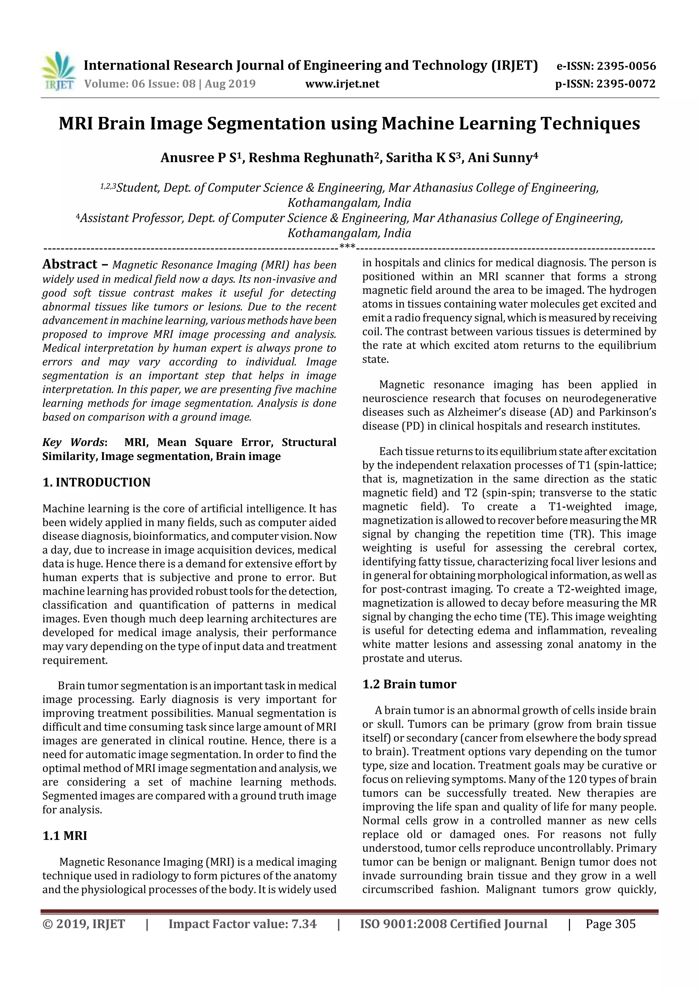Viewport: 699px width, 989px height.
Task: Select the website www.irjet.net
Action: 342,84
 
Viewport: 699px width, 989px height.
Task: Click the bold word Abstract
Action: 70,264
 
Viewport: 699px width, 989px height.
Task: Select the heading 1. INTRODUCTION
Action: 97,482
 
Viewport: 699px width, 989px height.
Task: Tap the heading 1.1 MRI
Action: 65,836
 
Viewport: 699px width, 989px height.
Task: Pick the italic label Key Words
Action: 74,442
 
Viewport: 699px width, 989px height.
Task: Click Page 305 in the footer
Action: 610,924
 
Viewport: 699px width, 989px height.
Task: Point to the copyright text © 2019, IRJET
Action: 84,924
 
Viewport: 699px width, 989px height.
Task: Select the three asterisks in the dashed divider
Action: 347,247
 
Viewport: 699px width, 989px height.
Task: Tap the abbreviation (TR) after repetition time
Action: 582,534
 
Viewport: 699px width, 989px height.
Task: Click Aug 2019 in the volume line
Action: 230,84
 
